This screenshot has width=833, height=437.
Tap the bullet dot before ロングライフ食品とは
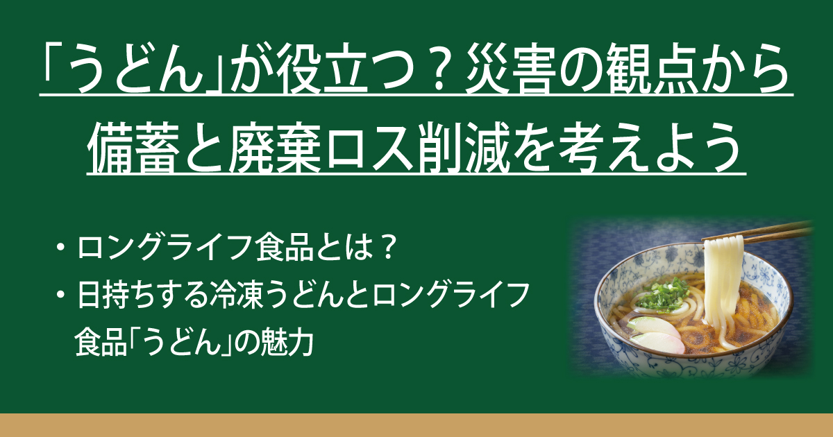pyautogui.click(x=59, y=248)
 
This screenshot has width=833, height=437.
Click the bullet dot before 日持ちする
pyautogui.click(x=59, y=295)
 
